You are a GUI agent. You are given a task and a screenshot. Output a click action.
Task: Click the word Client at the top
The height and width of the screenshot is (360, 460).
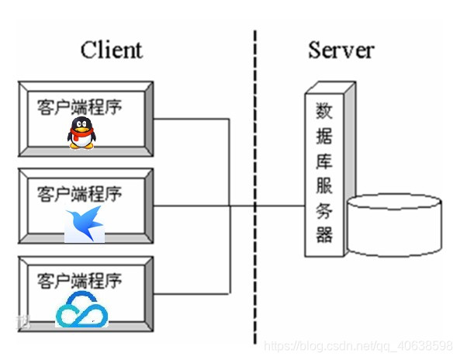coord(111,50)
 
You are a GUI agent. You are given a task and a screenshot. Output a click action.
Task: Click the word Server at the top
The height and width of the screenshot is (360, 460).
coord(341,50)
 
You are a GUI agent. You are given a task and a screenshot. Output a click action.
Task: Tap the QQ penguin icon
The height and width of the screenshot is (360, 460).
coord(81,133)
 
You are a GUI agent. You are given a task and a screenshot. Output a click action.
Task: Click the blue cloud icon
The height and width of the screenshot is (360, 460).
coord(82,311)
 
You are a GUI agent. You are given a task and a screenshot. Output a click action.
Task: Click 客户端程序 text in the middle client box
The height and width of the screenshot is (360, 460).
coord(79,193)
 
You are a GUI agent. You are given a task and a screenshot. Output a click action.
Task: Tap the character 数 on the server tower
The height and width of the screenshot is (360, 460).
coord(323,111)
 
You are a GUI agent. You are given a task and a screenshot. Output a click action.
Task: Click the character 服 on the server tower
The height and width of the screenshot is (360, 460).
coord(323,185)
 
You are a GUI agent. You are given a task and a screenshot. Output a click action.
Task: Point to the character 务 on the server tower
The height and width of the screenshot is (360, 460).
coord(323,209)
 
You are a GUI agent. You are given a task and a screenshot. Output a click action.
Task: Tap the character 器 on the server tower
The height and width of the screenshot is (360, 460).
coord(323,234)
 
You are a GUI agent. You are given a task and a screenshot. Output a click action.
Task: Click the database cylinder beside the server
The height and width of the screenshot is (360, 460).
coord(395,229)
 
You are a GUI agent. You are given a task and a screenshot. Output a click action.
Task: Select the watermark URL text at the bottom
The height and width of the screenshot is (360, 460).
coord(358,344)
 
